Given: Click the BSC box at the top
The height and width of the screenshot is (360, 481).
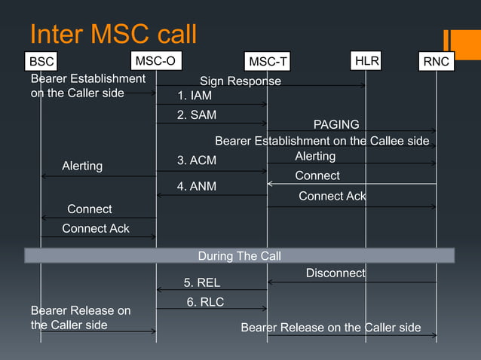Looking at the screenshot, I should click(41, 61).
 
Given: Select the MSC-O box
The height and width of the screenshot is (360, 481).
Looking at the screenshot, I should click(156, 59).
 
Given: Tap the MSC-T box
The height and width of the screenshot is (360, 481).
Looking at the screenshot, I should click(268, 61).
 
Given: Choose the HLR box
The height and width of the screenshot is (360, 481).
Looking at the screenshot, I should click(366, 59).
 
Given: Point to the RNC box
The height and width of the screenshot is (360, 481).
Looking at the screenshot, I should click(437, 61).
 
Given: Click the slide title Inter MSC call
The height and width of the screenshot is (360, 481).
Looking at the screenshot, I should click(113, 33).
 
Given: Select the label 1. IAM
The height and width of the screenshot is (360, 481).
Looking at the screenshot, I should click(195, 96).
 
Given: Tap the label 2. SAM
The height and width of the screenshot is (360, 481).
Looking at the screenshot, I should click(197, 115).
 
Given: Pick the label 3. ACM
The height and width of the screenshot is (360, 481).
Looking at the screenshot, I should click(197, 160).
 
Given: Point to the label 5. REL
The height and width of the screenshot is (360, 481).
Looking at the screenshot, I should click(202, 282).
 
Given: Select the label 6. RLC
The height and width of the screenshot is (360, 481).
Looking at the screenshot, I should click(205, 302).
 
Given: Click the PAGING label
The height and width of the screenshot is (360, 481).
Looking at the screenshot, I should click(336, 124).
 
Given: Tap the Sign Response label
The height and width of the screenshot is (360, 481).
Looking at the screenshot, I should click(240, 81).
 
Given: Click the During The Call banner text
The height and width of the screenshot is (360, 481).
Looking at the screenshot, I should click(239, 256).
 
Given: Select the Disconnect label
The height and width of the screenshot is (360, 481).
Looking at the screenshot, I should click(335, 273).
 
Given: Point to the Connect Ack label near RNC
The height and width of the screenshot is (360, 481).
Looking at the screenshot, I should click(332, 196).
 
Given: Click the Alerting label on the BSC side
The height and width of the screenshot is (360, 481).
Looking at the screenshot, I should click(82, 166).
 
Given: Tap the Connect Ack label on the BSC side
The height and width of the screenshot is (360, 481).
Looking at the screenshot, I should click(96, 228).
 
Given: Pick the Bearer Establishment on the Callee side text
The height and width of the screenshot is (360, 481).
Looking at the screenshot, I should click(322, 141).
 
